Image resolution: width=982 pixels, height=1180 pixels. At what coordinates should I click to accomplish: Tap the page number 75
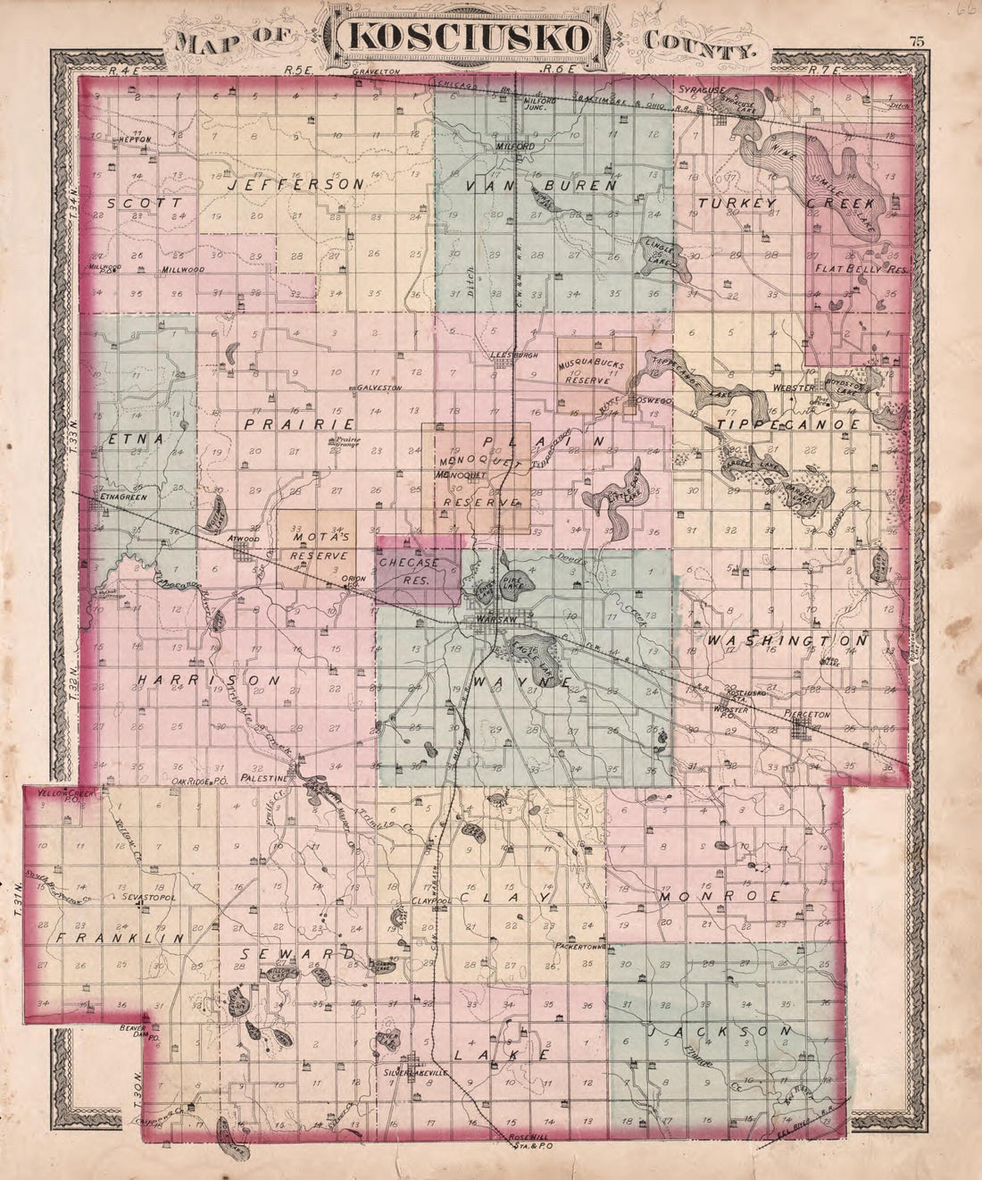pos(916,40)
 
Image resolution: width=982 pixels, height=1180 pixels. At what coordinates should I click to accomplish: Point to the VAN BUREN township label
pos(543,186)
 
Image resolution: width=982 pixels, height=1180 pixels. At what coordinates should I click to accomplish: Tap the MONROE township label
pos(720,895)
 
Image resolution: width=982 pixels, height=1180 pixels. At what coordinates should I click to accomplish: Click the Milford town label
pos(516,146)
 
